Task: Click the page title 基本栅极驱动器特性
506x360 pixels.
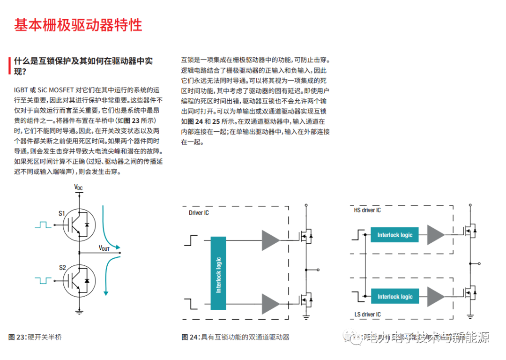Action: click(x=78, y=25)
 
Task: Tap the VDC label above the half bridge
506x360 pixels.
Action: click(x=79, y=187)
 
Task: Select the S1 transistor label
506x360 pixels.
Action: click(x=62, y=214)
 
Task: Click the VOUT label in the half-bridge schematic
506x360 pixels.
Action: click(x=104, y=248)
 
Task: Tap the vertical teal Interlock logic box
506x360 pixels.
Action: click(x=218, y=273)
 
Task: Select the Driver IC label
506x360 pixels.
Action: click(x=199, y=213)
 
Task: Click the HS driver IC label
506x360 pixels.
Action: click(x=367, y=210)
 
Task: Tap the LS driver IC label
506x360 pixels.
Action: click(x=367, y=314)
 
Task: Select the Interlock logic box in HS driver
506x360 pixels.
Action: click(x=394, y=235)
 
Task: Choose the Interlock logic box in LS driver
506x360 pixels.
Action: click(x=394, y=296)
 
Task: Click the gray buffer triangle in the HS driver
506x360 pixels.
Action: click(x=436, y=235)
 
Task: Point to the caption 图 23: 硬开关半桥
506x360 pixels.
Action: click(x=35, y=337)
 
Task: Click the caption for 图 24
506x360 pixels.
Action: click(x=235, y=337)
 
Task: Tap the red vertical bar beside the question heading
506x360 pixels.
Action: click(x=9, y=66)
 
